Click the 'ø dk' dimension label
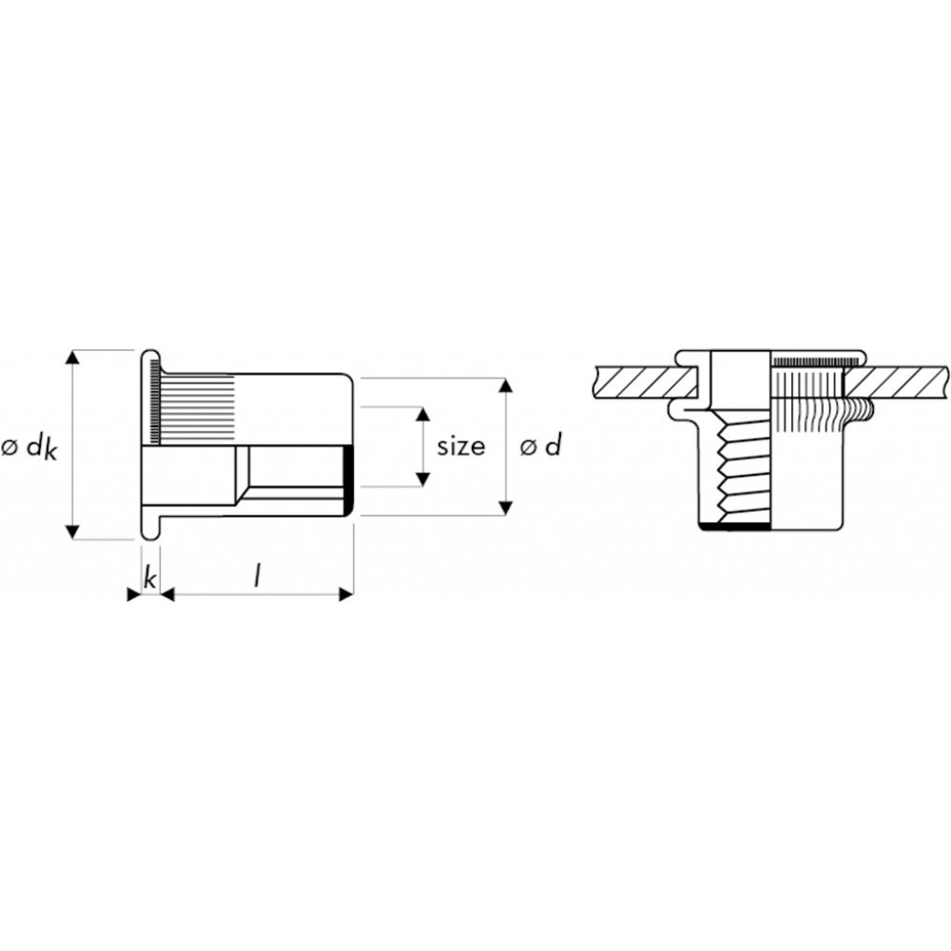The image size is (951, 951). (29, 449)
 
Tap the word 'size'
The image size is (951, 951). (461, 447)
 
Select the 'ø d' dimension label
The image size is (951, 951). (541, 446)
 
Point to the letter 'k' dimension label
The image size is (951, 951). (150, 577)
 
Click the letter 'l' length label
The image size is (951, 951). (257, 576)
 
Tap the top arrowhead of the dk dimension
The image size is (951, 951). (72, 358)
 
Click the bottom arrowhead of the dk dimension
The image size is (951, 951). (72, 531)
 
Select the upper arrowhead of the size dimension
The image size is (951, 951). (423, 414)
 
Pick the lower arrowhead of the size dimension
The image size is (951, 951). (423, 479)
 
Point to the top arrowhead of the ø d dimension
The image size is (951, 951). (506, 385)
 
